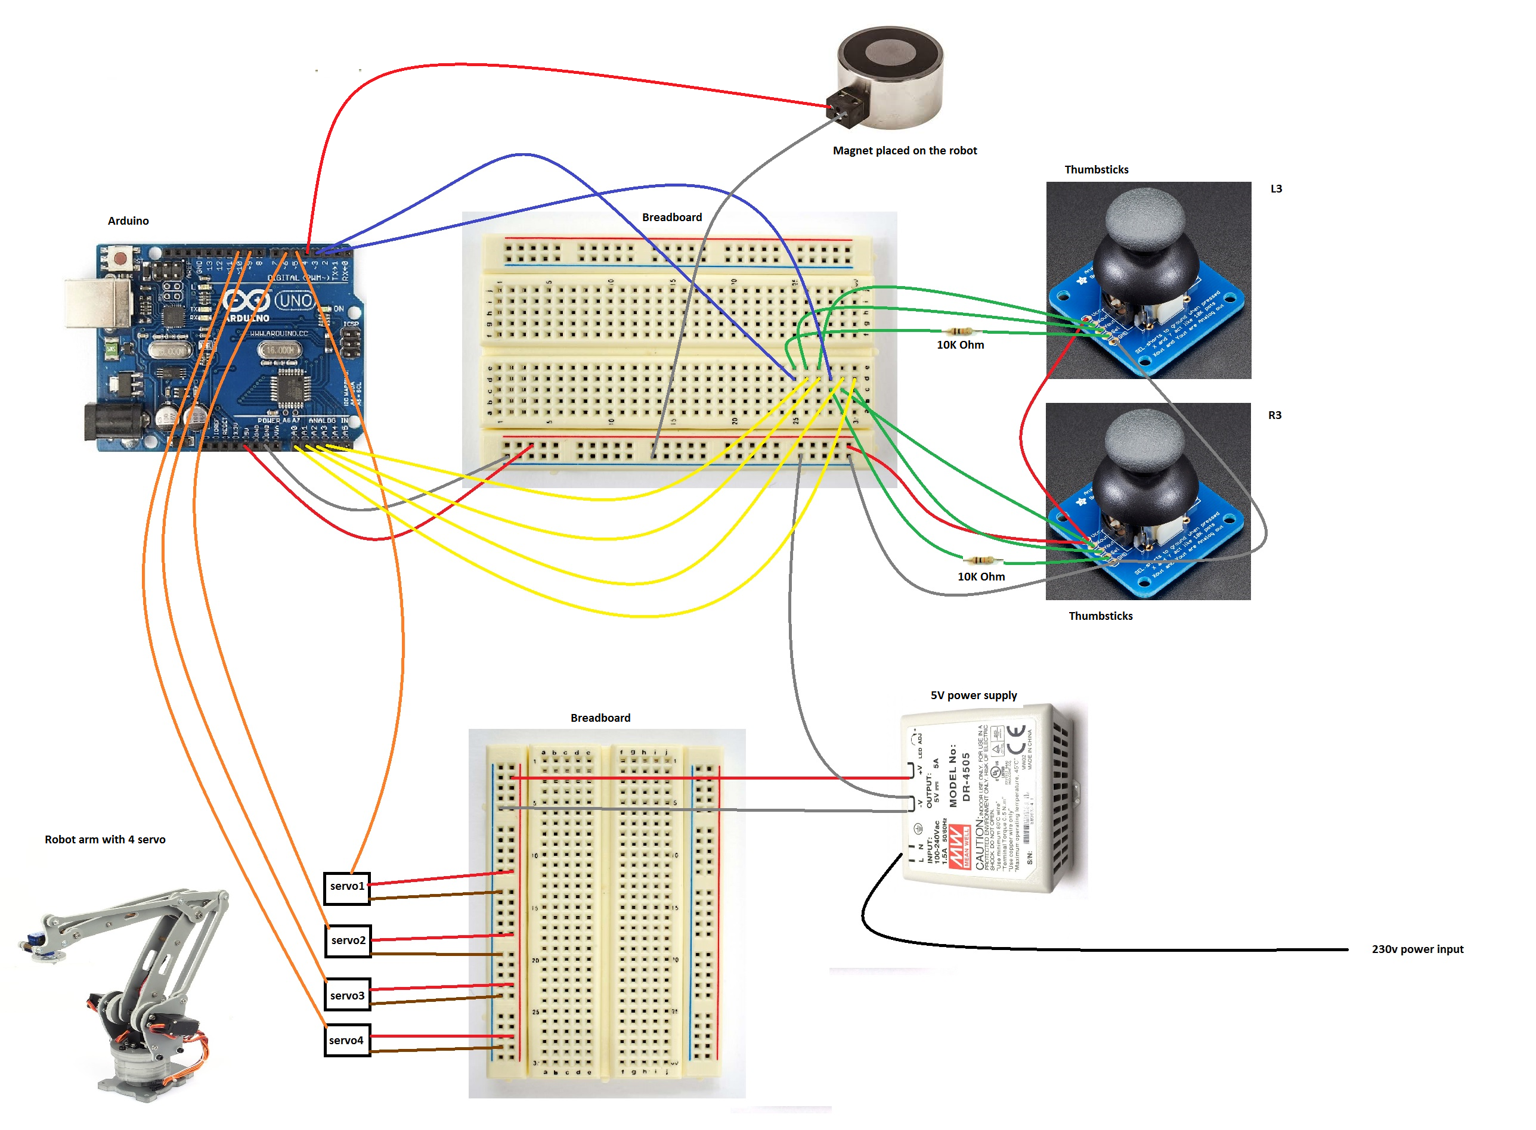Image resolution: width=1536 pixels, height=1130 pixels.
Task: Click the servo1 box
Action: pyautogui.click(x=347, y=888)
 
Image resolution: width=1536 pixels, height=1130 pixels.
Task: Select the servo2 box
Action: pyautogui.click(x=348, y=942)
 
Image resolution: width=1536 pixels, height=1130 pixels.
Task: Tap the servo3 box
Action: pyautogui.click(x=347, y=997)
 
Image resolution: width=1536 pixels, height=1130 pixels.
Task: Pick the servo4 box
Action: pyautogui.click(x=347, y=1042)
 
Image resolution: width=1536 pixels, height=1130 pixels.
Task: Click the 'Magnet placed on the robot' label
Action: pyautogui.click(x=905, y=150)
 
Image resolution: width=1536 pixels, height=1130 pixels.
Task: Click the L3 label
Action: pyautogui.click(x=1277, y=189)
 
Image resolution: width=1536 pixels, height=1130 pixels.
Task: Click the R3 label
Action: pyautogui.click(x=1275, y=415)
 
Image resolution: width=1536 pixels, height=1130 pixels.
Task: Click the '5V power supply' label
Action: pyautogui.click(x=974, y=696)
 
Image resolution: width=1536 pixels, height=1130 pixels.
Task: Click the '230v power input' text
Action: pyautogui.click(x=1417, y=950)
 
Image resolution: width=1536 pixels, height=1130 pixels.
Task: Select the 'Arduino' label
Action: pyautogui.click(x=128, y=221)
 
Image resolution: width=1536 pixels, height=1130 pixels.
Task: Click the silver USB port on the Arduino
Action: pyautogui.click(x=98, y=302)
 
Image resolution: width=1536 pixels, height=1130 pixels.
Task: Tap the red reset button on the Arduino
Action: pyautogui.click(x=120, y=259)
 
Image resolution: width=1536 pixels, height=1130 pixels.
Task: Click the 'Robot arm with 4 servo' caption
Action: pyautogui.click(x=105, y=840)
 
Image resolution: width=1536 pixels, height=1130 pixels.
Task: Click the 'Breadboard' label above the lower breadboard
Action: pyautogui.click(x=600, y=718)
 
